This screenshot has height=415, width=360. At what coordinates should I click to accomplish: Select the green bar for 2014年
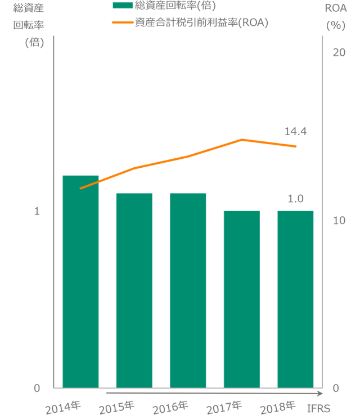(80, 282)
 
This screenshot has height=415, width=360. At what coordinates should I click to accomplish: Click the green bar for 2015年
(134, 290)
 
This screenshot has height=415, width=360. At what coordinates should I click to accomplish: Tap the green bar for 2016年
(188, 290)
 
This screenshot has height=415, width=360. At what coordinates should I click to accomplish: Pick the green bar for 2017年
(241, 299)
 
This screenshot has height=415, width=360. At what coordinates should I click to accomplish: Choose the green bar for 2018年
(295, 299)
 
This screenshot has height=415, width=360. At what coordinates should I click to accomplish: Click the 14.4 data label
(295, 132)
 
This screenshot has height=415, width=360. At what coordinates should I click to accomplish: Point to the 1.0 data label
(295, 199)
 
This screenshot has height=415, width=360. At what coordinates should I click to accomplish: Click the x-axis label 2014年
(63, 406)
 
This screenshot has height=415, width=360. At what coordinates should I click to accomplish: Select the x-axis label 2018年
(278, 406)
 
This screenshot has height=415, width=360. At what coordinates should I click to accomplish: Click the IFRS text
(319, 407)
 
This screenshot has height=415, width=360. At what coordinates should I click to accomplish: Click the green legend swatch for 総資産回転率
(123, 6)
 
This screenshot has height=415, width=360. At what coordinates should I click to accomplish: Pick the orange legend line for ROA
(123, 23)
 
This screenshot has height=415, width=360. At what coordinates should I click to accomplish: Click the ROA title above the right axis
(336, 8)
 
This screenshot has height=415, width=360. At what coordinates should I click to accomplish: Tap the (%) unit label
(336, 25)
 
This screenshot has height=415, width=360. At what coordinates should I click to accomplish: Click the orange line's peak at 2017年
(241, 139)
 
